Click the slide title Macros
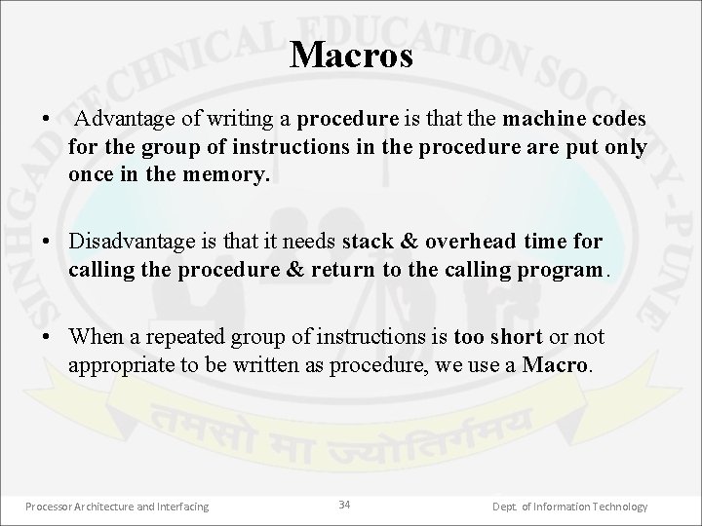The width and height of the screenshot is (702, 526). pos(351,55)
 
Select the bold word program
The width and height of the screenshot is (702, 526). pos(566,269)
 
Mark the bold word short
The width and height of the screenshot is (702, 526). pos(517,338)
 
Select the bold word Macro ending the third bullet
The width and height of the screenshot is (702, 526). pos(556,366)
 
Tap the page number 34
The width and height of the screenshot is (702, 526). pos(344,504)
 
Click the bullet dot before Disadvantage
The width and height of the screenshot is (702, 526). pos(47,241)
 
